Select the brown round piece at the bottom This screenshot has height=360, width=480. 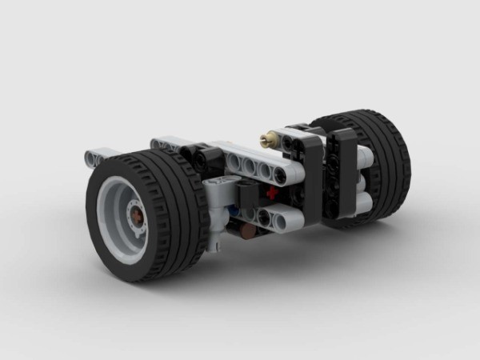[x=249, y=231]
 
